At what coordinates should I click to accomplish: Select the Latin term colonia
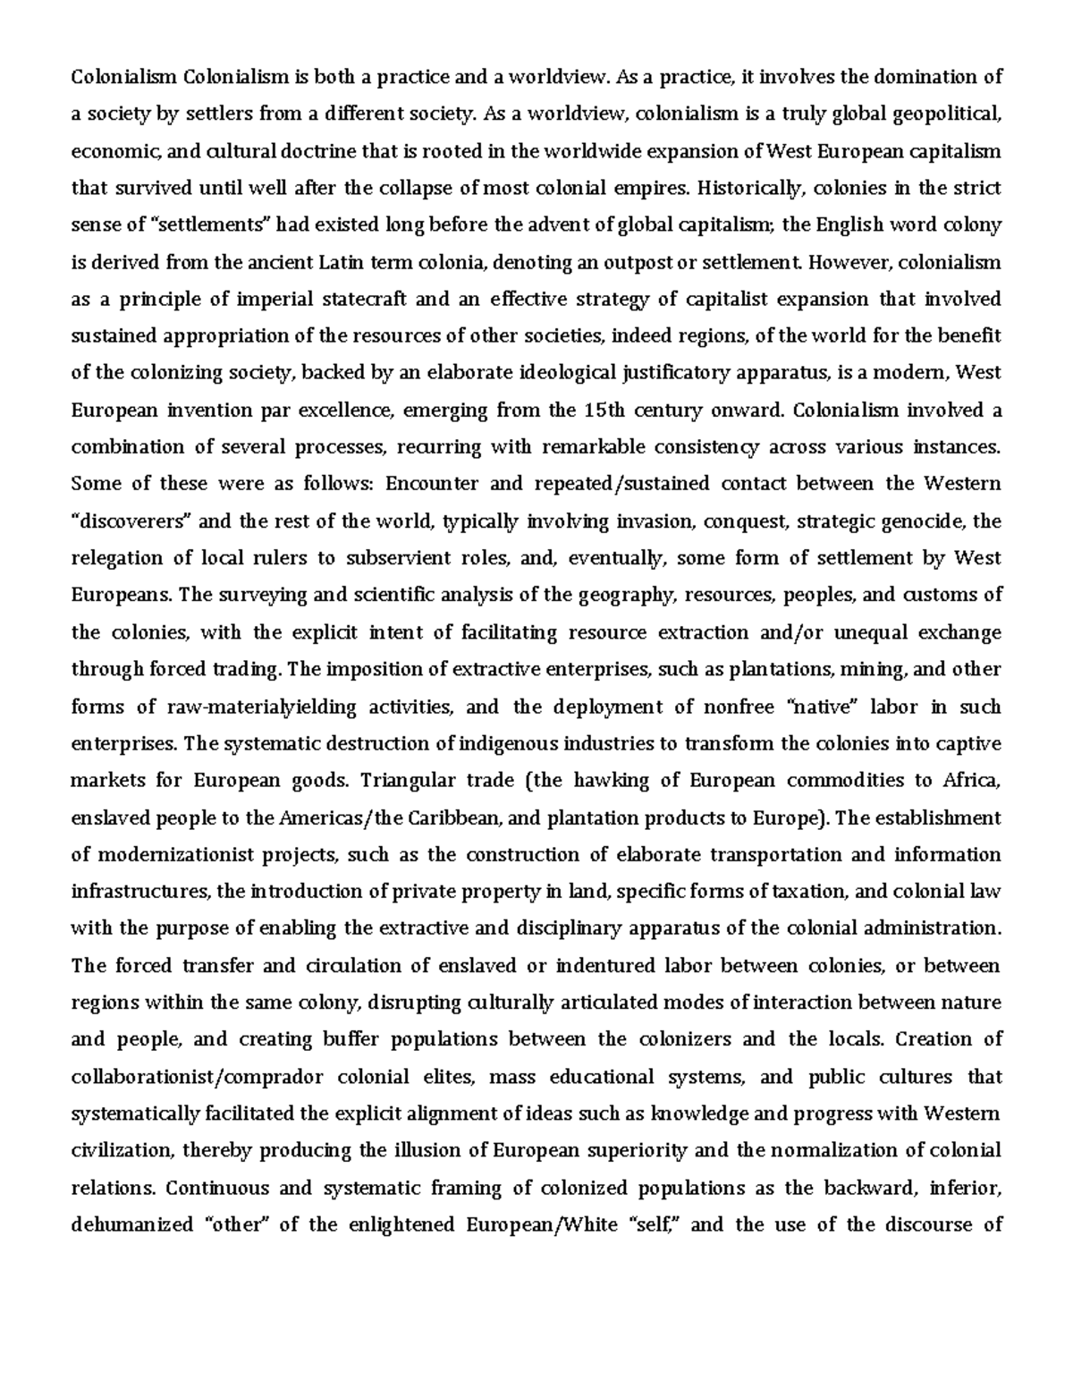click(x=443, y=262)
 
